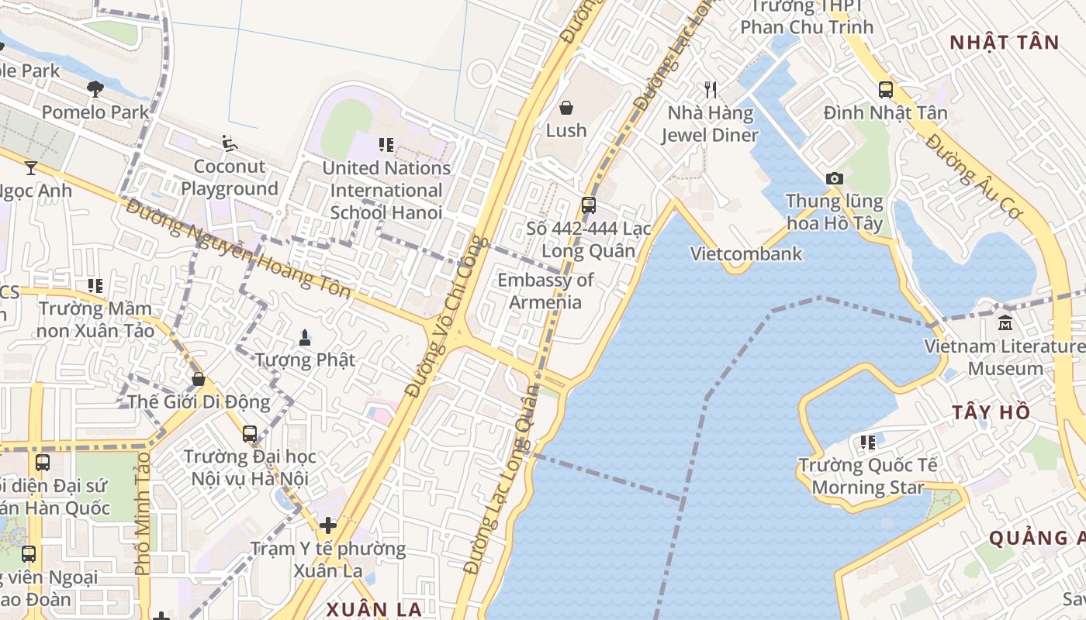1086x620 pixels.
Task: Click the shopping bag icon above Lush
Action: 566,107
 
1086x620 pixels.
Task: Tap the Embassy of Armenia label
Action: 545,291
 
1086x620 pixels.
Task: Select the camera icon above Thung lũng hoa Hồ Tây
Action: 835,178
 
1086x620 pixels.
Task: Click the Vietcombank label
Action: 746,253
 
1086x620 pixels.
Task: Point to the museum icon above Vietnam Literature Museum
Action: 1005,322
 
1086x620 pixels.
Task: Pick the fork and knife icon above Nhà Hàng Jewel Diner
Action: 710,90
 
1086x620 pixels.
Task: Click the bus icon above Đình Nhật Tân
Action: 886,90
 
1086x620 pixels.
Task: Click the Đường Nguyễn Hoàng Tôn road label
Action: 239,248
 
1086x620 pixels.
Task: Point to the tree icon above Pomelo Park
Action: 95,88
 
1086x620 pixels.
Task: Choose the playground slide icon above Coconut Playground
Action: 229,143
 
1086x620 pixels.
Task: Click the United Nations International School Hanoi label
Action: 386,190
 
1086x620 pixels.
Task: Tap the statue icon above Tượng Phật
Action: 305,337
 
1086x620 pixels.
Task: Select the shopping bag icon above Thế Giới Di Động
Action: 199,379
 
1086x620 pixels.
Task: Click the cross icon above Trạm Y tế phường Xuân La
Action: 328,525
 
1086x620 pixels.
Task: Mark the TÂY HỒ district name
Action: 991,412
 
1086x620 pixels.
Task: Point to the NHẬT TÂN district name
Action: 1004,43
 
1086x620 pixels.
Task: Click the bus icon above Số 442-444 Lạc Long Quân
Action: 589,205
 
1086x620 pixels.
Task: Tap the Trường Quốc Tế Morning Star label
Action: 868,476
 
